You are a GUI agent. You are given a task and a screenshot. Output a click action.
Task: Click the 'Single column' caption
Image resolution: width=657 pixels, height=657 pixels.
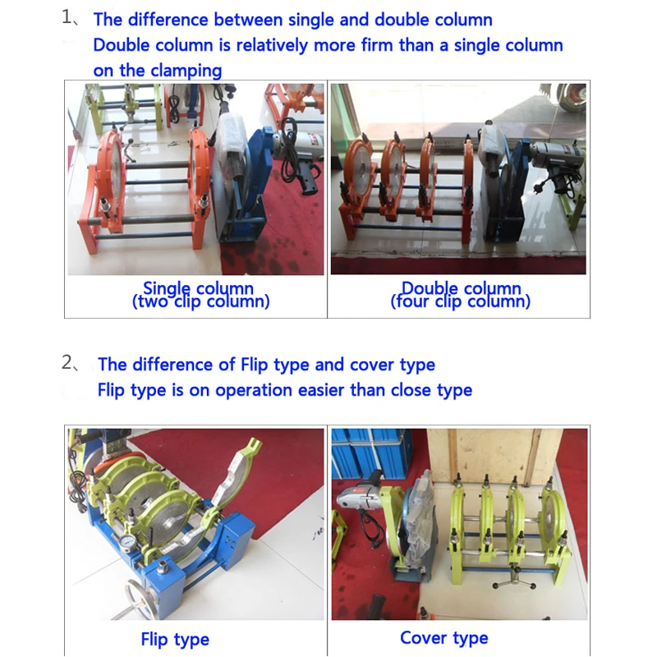198,288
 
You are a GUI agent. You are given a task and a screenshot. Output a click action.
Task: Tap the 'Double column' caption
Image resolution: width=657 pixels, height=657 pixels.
461,288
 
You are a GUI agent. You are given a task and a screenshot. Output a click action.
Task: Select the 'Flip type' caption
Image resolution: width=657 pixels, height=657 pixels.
175,640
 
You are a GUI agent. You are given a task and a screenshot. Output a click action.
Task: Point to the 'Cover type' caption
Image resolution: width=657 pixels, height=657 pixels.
444,638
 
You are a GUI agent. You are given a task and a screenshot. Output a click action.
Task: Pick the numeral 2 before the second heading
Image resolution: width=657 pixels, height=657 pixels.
67,362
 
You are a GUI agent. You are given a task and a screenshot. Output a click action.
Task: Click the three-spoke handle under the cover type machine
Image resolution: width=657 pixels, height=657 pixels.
515,580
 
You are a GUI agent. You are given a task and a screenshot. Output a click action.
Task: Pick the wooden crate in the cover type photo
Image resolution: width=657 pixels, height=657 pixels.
494,457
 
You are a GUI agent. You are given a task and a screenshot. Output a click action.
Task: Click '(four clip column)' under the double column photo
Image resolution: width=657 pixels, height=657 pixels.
461,301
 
